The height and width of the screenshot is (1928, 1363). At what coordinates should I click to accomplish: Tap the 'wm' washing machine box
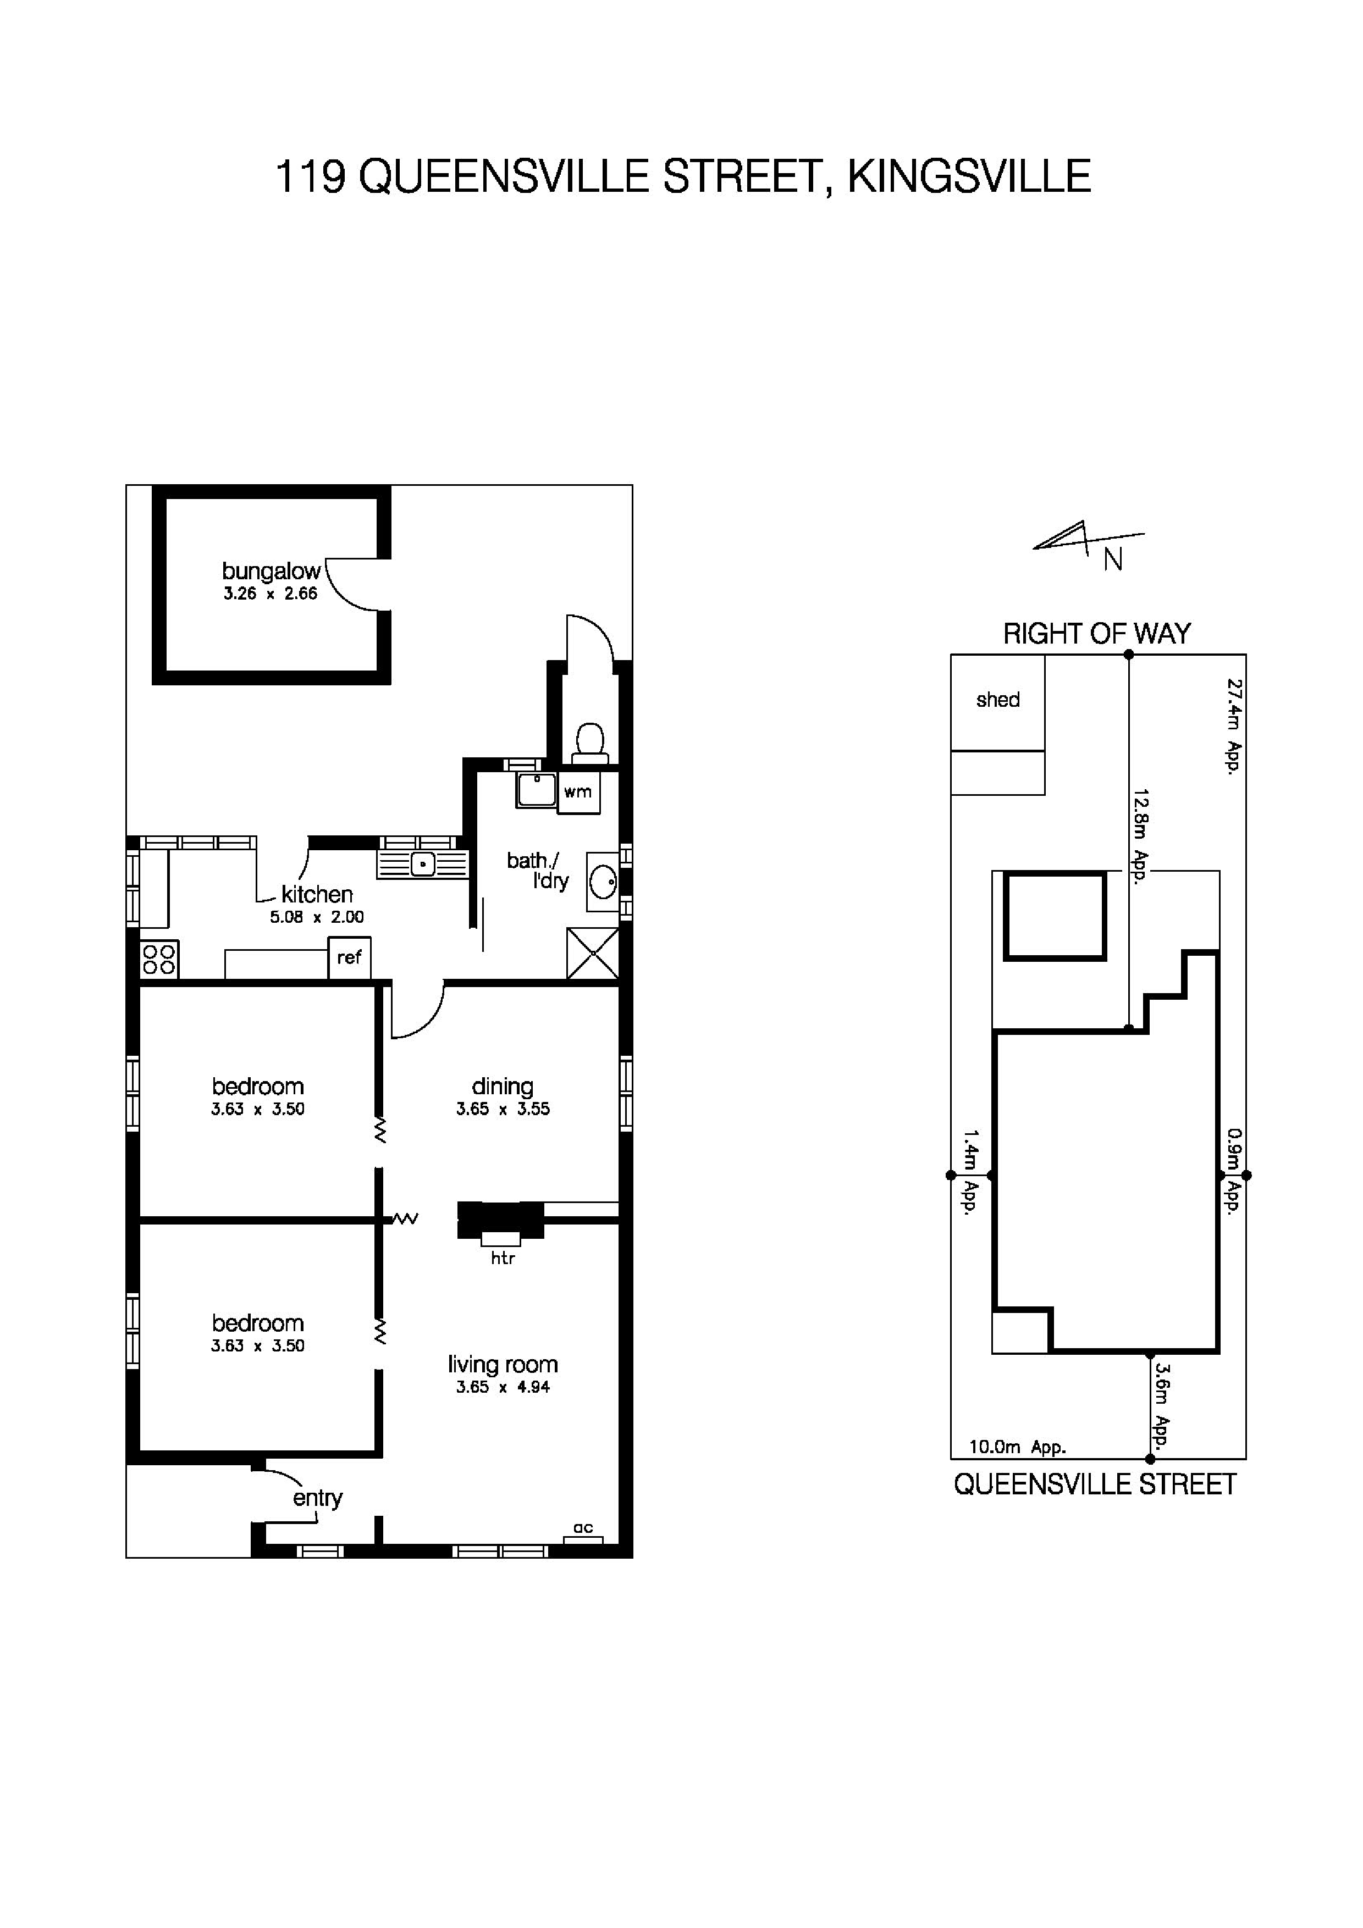(578, 792)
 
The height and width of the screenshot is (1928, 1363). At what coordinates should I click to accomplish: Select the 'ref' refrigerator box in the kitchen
(349, 957)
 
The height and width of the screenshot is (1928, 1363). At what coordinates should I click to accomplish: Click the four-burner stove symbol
(159, 959)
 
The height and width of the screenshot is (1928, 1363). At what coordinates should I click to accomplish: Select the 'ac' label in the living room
(583, 1527)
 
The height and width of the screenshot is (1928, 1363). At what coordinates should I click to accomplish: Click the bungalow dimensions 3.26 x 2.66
(271, 594)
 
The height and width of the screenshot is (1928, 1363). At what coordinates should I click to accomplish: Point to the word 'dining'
(502, 1087)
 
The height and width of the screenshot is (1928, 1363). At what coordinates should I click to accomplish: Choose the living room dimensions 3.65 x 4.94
(502, 1387)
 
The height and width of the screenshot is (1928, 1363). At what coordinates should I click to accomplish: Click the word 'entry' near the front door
(317, 1498)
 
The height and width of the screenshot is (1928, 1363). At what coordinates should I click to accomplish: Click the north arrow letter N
(1113, 560)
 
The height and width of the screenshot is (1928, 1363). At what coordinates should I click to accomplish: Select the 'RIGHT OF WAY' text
(1097, 634)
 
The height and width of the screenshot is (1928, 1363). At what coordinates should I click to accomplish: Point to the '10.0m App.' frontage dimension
(1017, 1448)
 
